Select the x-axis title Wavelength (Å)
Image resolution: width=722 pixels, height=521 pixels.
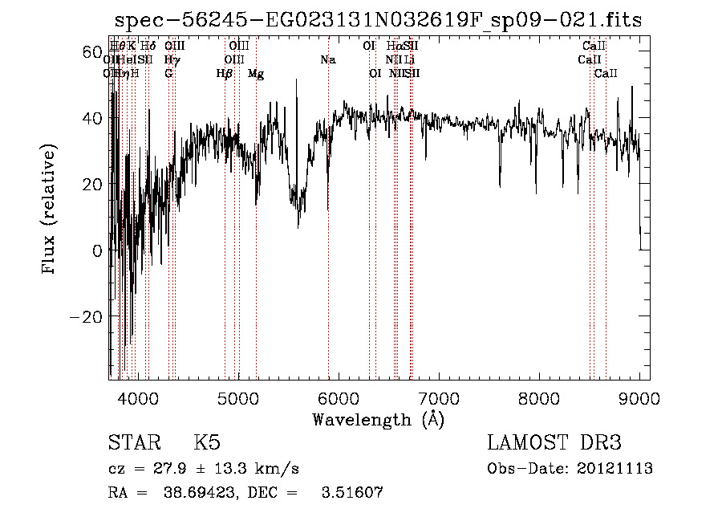click(378, 419)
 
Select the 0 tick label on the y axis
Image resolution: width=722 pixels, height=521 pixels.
click(97, 250)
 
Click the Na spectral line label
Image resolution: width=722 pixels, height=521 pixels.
click(327, 60)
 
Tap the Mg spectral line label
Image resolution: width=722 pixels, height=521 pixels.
click(256, 74)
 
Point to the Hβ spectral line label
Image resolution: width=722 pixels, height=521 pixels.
click(225, 74)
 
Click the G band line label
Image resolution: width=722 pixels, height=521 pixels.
click(168, 74)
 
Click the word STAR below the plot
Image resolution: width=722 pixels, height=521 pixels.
click(134, 443)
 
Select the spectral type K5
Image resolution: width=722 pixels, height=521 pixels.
click(207, 443)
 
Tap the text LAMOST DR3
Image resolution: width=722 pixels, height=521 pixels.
click(554, 443)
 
